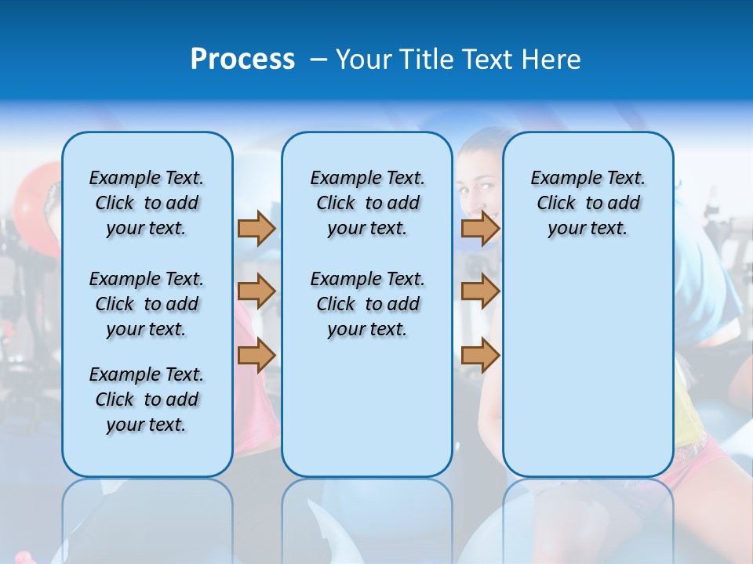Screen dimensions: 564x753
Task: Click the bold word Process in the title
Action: tap(242, 60)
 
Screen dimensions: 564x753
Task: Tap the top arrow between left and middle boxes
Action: tap(256, 229)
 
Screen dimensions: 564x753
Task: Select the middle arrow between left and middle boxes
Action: tap(256, 291)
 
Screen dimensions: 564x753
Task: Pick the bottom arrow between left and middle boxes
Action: tap(256, 356)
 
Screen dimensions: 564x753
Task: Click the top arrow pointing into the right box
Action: tap(480, 229)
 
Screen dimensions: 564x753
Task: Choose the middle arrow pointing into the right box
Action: tap(480, 291)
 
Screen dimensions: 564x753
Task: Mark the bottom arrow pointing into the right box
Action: tap(480, 356)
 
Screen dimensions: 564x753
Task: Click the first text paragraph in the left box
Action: tap(147, 203)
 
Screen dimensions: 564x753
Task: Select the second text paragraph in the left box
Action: tap(147, 304)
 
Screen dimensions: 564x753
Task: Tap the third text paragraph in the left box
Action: tap(147, 399)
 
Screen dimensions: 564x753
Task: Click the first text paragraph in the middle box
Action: tap(367, 203)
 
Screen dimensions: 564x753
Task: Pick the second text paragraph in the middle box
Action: tap(367, 304)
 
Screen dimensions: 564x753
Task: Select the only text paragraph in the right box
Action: tap(587, 203)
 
